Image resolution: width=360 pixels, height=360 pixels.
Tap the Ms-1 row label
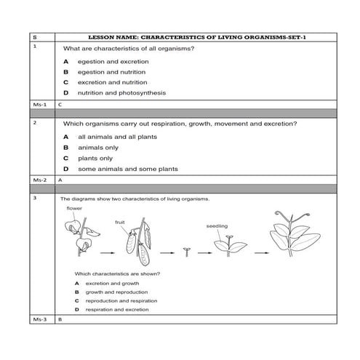40,104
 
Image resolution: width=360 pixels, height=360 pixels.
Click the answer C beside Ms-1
60,104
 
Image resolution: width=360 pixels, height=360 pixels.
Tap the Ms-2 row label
40,179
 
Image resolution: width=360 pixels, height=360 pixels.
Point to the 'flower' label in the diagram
74,209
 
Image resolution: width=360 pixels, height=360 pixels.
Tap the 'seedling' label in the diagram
217,226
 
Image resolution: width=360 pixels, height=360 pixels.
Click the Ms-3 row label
40,319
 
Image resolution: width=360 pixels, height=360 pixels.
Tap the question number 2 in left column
35,122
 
